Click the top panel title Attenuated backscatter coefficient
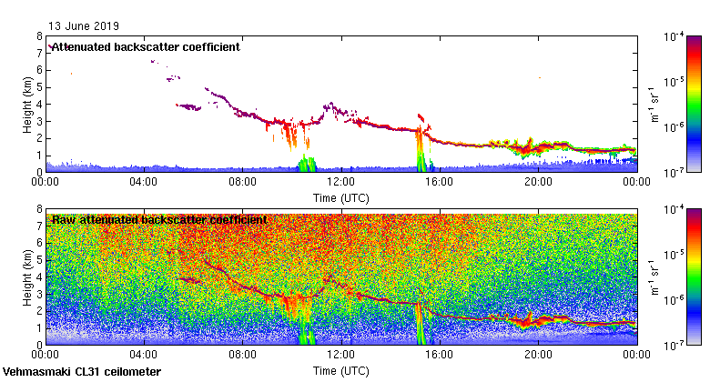pos(145,47)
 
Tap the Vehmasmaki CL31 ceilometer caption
pos(82,372)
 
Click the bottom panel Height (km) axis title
pos(28,276)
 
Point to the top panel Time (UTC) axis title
pos(340,196)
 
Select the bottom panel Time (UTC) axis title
pos(340,371)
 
